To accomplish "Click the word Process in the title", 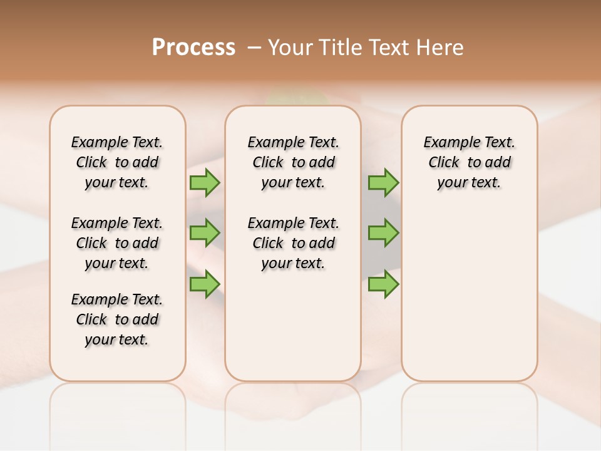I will (193, 48).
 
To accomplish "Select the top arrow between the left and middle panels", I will (205, 182).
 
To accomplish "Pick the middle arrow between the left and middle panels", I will (205, 233).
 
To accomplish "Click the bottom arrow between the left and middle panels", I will (205, 284).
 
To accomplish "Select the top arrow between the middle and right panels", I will (383, 182).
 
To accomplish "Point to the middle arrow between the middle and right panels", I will (383, 233).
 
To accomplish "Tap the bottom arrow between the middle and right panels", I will (383, 284).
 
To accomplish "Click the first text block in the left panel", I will (117, 162).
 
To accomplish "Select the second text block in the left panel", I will (117, 243).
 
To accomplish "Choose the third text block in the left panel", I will (117, 319).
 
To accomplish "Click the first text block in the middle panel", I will (293, 162).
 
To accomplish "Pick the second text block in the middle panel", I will (293, 243).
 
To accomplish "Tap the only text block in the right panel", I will (469, 162).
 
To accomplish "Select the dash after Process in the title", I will (254, 48).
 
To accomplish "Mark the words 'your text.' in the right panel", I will (469, 183).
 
